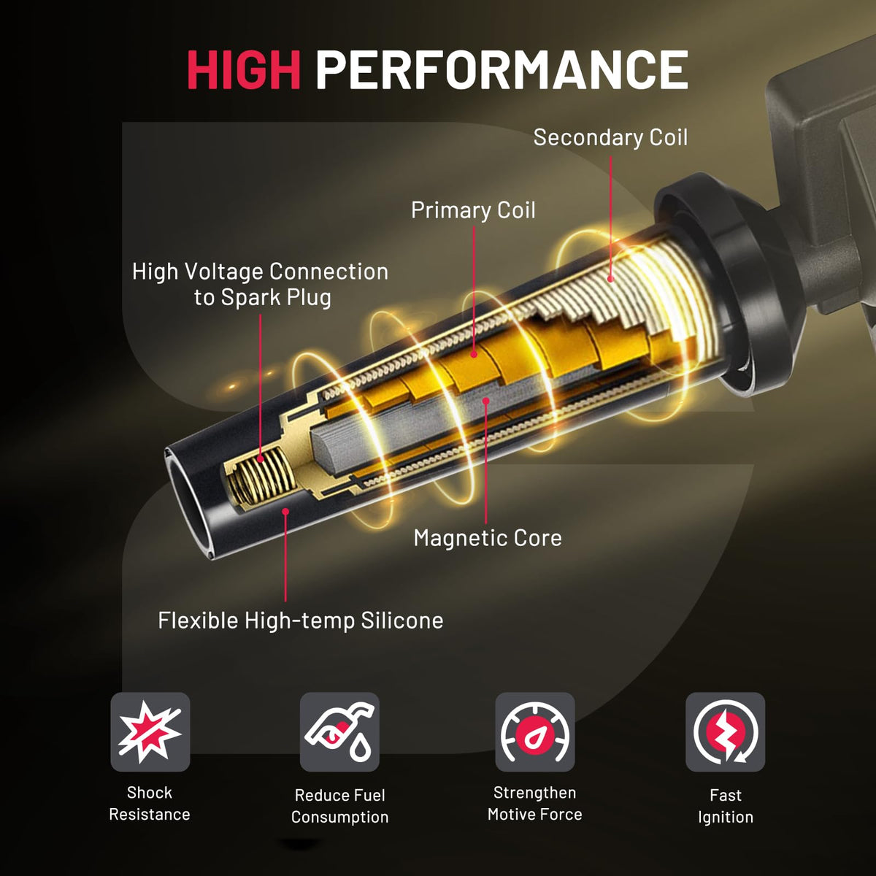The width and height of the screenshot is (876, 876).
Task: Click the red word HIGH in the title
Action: pyautogui.click(x=244, y=69)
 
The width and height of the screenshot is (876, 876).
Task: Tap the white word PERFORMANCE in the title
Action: pyautogui.click(x=502, y=69)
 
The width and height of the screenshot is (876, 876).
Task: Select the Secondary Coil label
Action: pyautogui.click(x=610, y=137)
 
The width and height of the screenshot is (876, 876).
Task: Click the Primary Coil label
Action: pyautogui.click(x=473, y=210)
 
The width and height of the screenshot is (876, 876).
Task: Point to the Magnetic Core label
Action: pyautogui.click(x=488, y=538)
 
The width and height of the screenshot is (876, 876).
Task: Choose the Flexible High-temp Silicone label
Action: pyautogui.click(x=301, y=620)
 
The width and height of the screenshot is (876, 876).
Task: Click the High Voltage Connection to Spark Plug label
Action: pyautogui.click(x=260, y=285)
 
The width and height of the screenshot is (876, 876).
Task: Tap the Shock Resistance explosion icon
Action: pyautogui.click(x=150, y=732)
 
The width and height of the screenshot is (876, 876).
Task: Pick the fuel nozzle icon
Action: pyautogui.click(x=339, y=732)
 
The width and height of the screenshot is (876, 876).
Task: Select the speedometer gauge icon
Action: pyautogui.click(x=534, y=732)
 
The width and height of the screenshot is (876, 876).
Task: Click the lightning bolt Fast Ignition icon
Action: pyautogui.click(x=725, y=732)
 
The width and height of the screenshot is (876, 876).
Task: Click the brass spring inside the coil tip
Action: pyautogui.click(x=262, y=478)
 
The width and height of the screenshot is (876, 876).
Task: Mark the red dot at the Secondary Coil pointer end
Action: pyautogui.click(x=610, y=279)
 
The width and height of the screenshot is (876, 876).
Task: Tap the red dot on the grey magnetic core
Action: pyautogui.click(x=486, y=401)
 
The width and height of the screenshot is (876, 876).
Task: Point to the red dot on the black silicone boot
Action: pyautogui.click(x=285, y=512)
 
